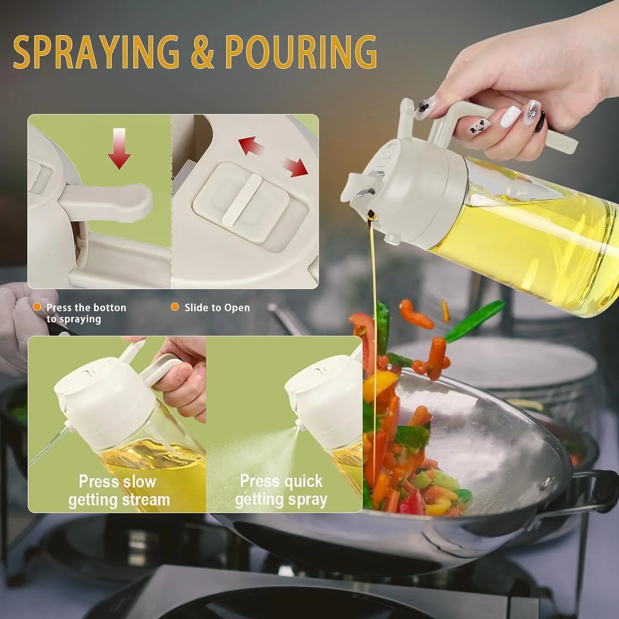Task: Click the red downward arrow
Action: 119,148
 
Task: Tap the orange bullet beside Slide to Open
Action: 175,307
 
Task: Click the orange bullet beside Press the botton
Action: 37,307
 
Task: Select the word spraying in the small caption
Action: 80,319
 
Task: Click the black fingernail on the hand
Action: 541,121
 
